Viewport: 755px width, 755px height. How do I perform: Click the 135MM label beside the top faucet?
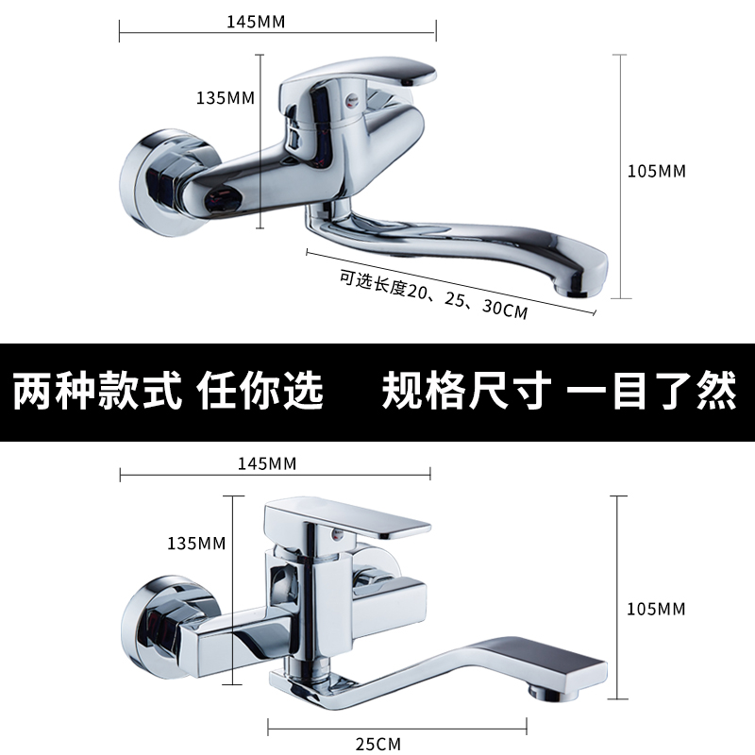tap(225, 97)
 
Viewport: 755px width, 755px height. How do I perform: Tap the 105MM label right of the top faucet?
tap(657, 171)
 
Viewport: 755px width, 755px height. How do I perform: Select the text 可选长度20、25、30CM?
tap(434, 295)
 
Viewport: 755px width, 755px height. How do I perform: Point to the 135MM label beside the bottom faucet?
tap(195, 543)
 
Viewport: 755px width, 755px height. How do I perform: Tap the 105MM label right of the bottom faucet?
tap(657, 609)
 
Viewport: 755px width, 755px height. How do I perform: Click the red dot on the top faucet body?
tap(351, 96)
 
